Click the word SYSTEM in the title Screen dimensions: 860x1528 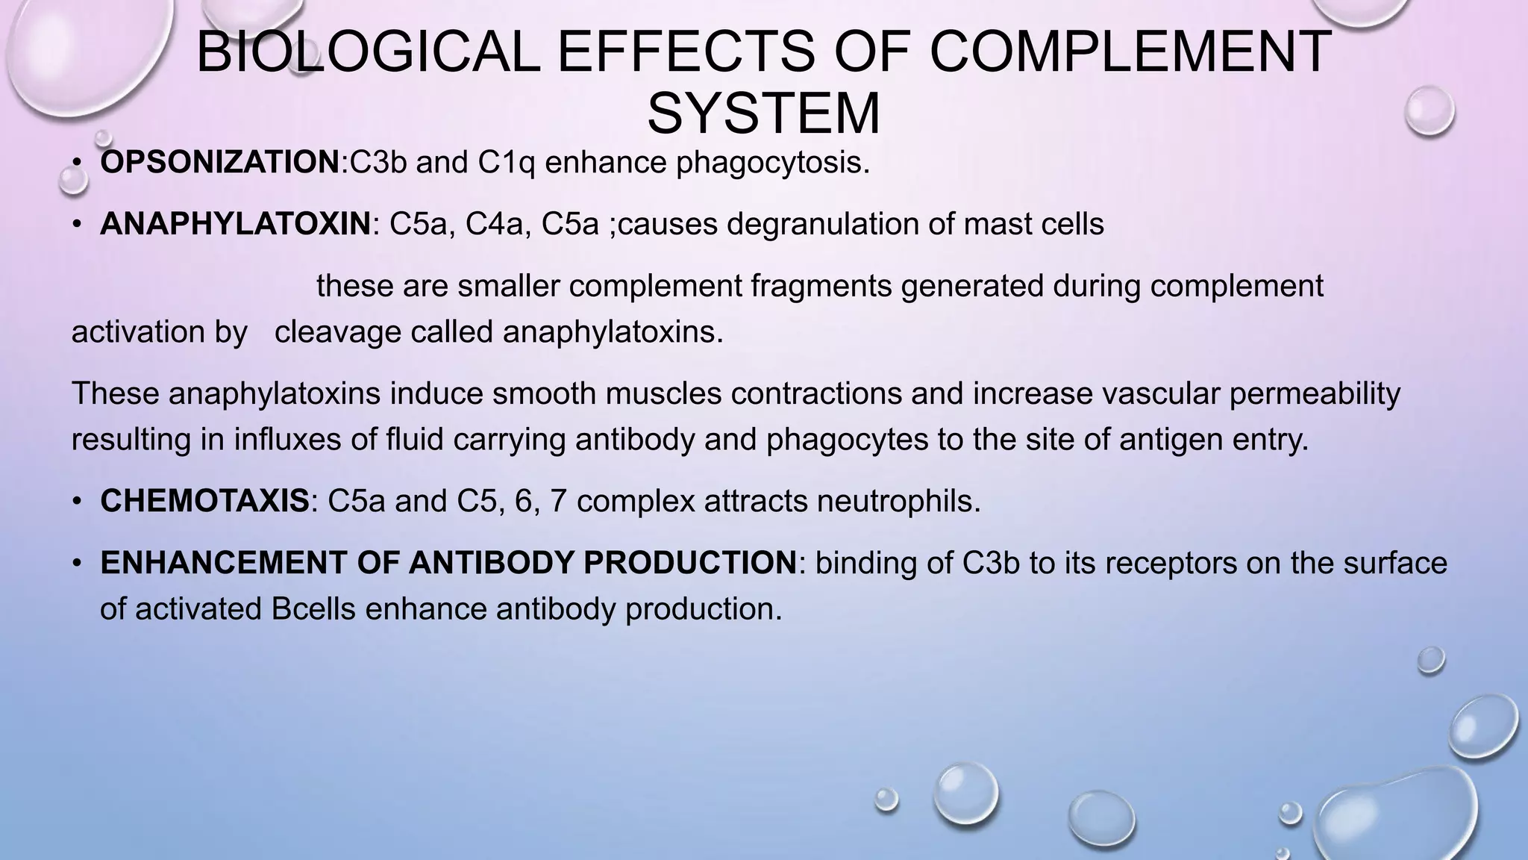pyautogui.click(x=763, y=113)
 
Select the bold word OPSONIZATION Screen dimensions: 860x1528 pyautogui.click(x=220, y=163)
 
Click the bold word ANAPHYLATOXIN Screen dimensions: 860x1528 pyautogui.click(x=235, y=224)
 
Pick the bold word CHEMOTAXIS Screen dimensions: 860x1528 pyautogui.click(x=204, y=501)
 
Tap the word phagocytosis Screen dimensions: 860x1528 pyautogui.click(x=773, y=163)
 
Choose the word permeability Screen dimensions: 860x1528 pyautogui.click(x=1315, y=393)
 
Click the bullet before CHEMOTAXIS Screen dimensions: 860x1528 pyautogui.click(x=76, y=502)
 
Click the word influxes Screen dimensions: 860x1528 pyautogui.click(x=289, y=440)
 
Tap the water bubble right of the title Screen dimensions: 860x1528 pyautogui.click(x=1429, y=110)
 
